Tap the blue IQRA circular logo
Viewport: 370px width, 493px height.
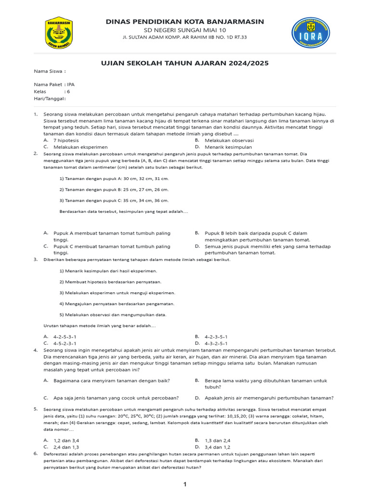(311, 35)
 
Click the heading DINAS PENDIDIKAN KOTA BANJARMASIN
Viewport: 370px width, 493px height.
(185, 22)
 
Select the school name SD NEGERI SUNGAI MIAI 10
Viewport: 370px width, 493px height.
(185, 30)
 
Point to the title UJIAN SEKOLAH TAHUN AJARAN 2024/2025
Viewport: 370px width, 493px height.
(185, 63)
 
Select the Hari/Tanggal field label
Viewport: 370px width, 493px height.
(49, 98)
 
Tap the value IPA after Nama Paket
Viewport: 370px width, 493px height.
(71, 84)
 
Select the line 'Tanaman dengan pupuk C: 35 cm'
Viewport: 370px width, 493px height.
(114, 200)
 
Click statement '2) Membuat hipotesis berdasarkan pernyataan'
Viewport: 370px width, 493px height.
(110, 282)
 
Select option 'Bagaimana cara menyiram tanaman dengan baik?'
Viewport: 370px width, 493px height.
(111, 380)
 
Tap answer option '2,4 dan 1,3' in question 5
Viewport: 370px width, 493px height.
(66, 447)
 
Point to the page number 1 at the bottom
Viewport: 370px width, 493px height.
(185, 484)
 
